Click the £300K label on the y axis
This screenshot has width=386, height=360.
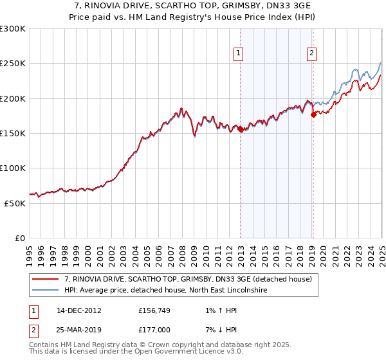coord(13,29)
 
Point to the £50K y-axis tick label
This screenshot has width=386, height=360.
coord(15,203)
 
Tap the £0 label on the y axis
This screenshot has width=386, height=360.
coord(20,238)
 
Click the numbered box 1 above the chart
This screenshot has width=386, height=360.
coord(239,53)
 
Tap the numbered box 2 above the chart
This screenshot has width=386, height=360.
coord(311,53)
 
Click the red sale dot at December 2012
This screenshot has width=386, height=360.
coord(241,129)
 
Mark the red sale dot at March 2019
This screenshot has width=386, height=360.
coord(314,115)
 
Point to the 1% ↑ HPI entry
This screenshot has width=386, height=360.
coord(219,309)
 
